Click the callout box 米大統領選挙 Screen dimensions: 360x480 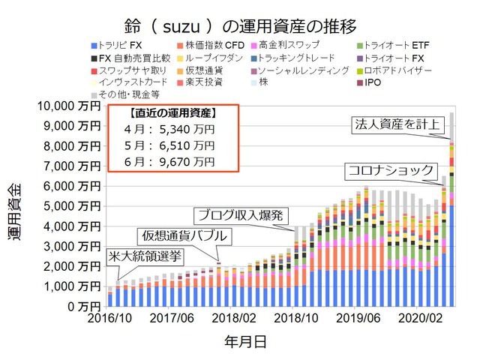(x=145, y=256)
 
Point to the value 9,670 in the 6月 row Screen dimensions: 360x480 (x=174, y=161)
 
